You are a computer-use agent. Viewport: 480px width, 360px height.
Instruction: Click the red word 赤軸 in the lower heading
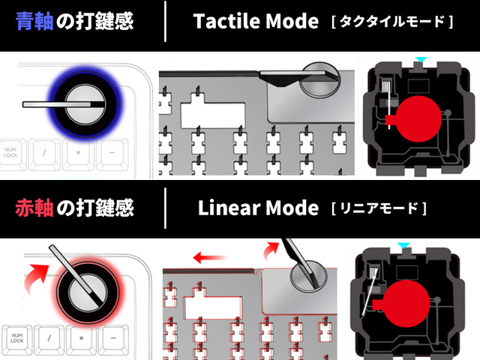coord(36,207)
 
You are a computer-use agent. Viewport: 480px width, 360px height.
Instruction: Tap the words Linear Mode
coord(259,207)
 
